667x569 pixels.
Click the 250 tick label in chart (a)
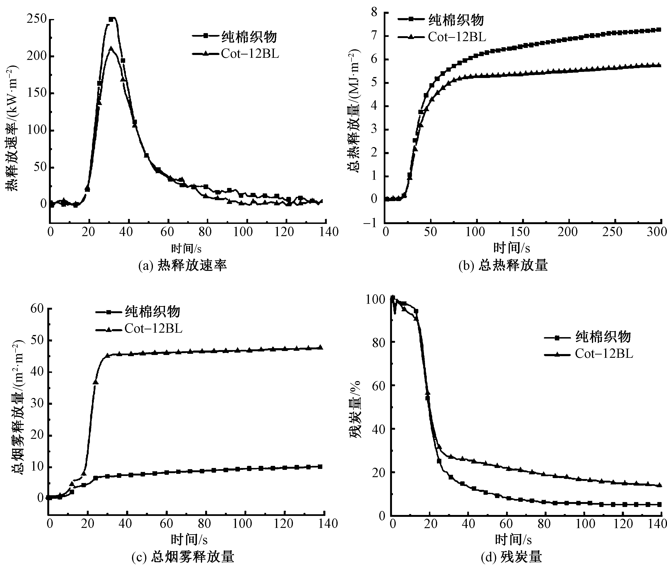click(x=37, y=19)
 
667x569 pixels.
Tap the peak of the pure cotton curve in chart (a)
click(x=112, y=19)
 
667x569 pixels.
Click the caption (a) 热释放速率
click(x=183, y=265)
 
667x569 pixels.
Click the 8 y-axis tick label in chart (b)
click(x=374, y=13)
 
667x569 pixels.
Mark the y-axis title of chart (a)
click(x=12, y=129)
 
